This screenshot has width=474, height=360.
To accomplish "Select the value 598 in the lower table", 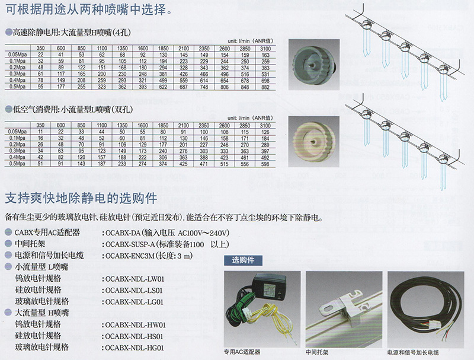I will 265,164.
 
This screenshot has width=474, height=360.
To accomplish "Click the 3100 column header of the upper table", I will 265,48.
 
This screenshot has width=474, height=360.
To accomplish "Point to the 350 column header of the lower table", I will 40,126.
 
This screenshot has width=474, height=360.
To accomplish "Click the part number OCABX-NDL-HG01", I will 134,348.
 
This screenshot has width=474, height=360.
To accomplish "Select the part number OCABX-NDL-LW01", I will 134,279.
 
